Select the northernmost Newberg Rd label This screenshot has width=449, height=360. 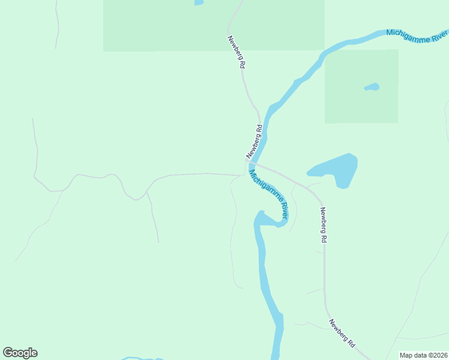pos(237,52)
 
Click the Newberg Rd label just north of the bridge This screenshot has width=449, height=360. pos(255,140)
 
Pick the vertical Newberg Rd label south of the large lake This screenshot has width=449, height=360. pos(323,224)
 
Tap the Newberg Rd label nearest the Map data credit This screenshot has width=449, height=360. pos(342,333)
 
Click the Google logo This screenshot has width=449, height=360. pos(20,353)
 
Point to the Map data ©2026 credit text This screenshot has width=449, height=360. pos(423,355)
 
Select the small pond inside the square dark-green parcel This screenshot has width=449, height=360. pos(372,87)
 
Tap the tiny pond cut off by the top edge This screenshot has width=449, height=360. pos(199,2)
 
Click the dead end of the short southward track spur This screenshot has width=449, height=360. pos(158,242)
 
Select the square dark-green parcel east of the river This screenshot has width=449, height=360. pos(361,86)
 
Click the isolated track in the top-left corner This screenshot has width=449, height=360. pos(58,24)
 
